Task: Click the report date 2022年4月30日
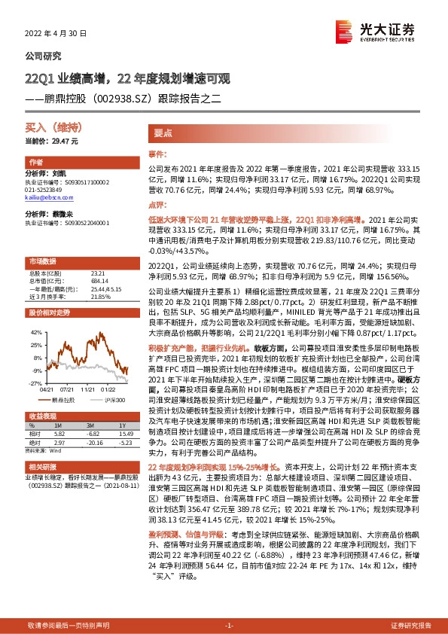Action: click(x=57, y=34)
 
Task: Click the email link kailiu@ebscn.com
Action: click(x=44, y=197)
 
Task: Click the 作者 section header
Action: click(x=35, y=163)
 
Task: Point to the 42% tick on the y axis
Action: click(x=36, y=331)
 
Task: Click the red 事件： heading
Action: click(x=157, y=153)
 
